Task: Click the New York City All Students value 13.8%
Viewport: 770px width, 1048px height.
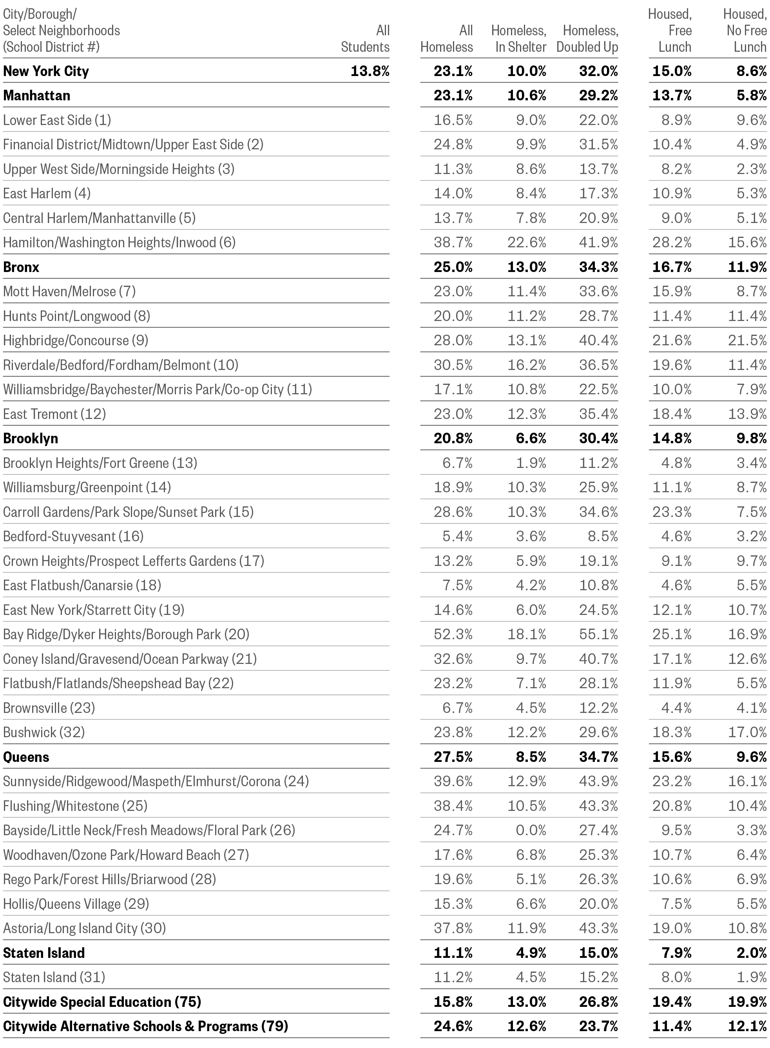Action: point(370,71)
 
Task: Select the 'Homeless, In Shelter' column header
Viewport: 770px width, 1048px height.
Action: point(518,39)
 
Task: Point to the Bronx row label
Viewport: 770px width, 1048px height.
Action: point(22,267)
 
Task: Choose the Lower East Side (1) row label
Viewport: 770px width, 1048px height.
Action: point(57,120)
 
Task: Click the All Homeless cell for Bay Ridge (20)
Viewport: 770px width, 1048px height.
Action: point(453,634)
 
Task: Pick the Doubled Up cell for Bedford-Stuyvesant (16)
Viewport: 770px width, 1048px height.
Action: point(602,536)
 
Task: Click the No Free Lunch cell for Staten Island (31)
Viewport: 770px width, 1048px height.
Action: point(751,977)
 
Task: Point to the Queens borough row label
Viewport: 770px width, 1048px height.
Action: point(26,757)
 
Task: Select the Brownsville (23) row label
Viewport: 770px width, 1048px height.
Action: point(49,708)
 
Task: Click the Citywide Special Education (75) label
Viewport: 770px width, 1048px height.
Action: point(102,1002)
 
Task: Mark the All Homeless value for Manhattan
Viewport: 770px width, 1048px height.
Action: point(453,96)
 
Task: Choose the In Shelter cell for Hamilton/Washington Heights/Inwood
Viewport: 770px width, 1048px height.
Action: point(527,243)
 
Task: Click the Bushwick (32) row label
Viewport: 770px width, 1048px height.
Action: point(44,733)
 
